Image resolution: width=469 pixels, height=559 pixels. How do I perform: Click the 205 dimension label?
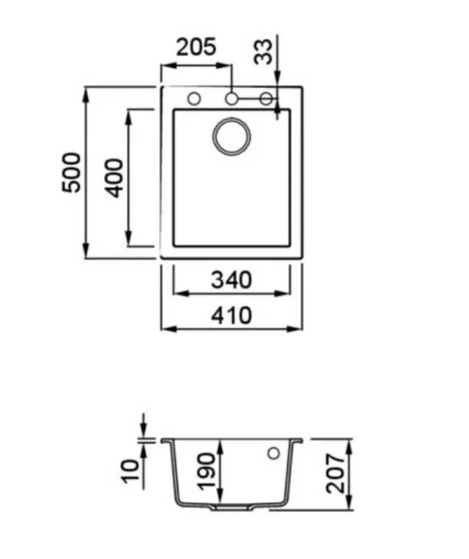pyautogui.click(x=196, y=47)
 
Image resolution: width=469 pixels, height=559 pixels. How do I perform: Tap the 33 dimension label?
pyautogui.click(x=263, y=52)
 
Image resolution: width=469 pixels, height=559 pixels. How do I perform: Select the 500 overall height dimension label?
pyautogui.click(x=71, y=172)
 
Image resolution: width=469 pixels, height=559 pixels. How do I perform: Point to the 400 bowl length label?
pyautogui.click(x=114, y=178)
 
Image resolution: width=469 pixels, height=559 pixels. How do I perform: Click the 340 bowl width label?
pyautogui.click(x=231, y=280)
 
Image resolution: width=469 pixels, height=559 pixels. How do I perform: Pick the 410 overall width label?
pyautogui.click(x=231, y=315)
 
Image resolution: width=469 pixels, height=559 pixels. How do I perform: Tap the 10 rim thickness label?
pyautogui.click(x=130, y=471)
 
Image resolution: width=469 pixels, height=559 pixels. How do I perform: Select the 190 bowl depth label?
pyautogui.click(x=206, y=471)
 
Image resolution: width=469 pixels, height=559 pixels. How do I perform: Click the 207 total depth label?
pyautogui.click(x=336, y=474)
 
